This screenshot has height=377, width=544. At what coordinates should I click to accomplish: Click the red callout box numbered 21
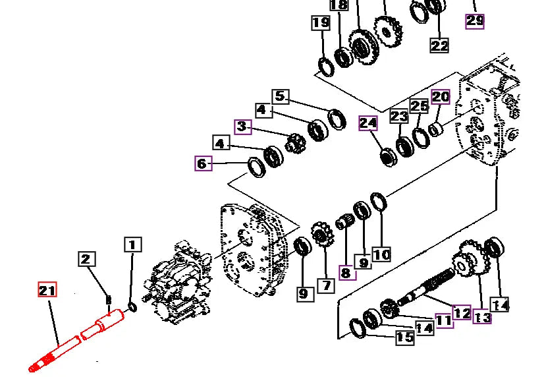(47, 290)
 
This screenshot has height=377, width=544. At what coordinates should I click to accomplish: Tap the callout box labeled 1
(133, 245)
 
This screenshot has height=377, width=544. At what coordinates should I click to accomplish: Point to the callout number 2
(86, 259)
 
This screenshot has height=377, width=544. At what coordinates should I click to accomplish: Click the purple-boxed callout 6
(204, 163)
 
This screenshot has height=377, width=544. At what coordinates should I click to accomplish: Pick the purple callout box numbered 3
(243, 127)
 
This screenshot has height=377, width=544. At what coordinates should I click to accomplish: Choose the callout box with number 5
(281, 96)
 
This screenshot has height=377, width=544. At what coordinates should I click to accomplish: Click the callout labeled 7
(326, 285)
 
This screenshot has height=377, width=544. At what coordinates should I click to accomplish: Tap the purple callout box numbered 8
(347, 272)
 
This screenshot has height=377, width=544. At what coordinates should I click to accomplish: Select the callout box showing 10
(381, 255)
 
